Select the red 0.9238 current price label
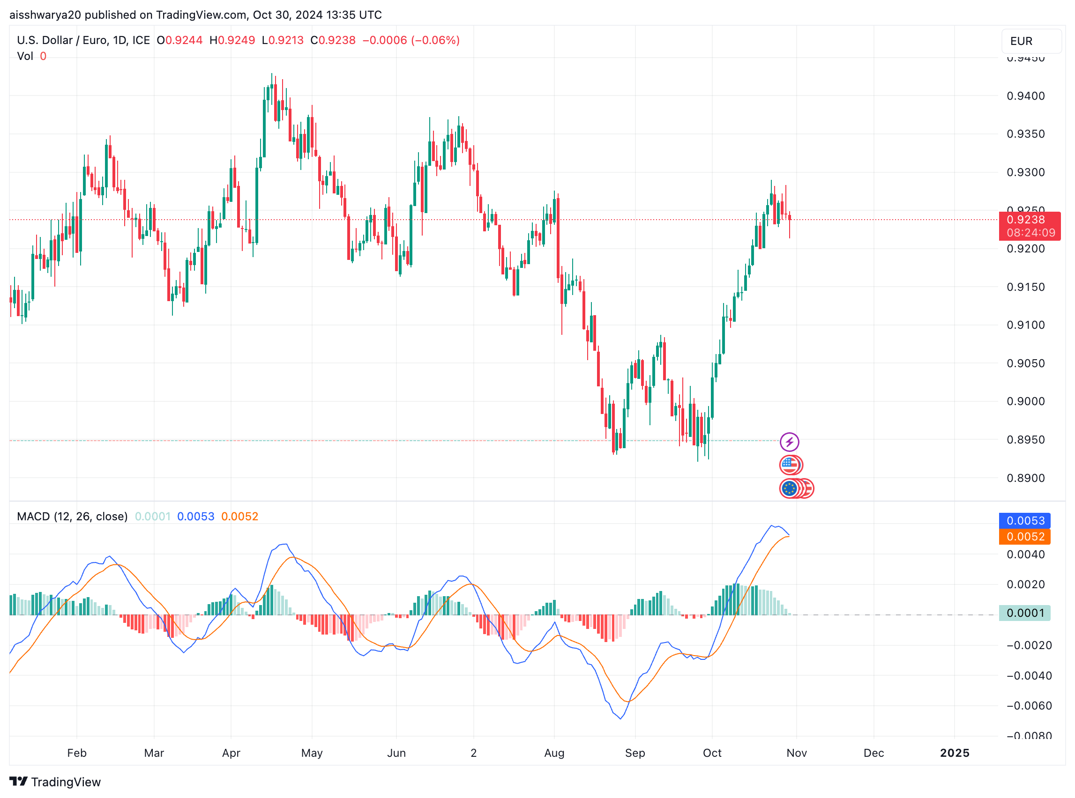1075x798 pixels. tap(1029, 226)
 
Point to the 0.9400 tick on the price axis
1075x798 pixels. tap(1025, 96)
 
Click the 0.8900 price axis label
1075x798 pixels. tap(1025, 478)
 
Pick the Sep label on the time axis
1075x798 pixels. tap(635, 753)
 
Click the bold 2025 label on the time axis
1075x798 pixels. tap(954, 753)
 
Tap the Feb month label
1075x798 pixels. tap(77, 753)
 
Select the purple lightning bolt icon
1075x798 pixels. tap(789, 442)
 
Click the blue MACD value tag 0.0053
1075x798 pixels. tap(1025, 520)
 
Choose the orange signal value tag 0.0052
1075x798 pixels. tap(1025, 536)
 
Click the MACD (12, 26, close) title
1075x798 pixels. tap(72, 517)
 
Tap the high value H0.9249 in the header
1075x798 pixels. tap(232, 40)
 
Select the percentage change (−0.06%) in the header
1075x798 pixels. tap(435, 40)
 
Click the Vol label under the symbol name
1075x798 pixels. tap(25, 56)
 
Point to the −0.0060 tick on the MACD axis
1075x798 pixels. tap(1029, 706)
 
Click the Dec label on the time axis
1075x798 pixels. tap(873, 753)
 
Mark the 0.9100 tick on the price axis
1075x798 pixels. tap(1025, 325)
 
